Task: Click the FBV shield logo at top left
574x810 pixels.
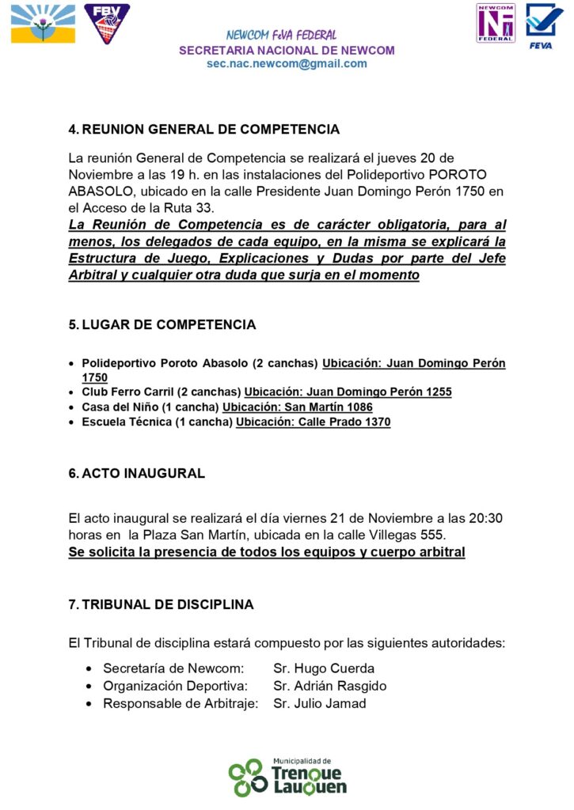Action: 107,23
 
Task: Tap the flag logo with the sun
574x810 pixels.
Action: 44,24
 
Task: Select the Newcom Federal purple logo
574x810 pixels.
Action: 496,22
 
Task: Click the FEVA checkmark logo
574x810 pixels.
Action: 544,25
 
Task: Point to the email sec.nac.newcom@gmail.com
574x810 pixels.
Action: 287,64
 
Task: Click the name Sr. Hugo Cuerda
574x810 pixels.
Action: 324,668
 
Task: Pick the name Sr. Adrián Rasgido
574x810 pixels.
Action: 329,686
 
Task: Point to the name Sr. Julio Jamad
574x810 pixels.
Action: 319,703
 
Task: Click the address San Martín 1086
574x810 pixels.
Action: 327,407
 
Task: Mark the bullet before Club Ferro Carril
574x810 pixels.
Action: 73,392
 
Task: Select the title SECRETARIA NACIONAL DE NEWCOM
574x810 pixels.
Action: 287,50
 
